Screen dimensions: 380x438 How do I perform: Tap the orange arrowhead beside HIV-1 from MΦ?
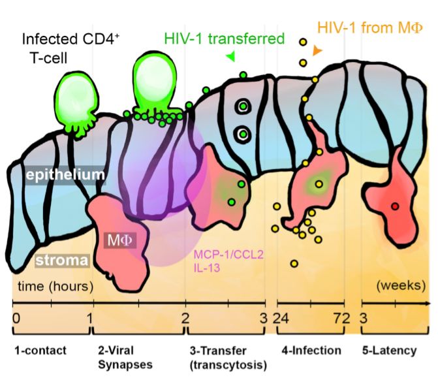[317, 50]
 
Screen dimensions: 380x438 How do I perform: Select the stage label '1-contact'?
[40, 351]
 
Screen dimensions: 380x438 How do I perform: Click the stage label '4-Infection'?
[311, 351]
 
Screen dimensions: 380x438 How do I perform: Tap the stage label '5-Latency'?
[389, 351]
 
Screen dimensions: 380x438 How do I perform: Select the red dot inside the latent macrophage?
[394, 207]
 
